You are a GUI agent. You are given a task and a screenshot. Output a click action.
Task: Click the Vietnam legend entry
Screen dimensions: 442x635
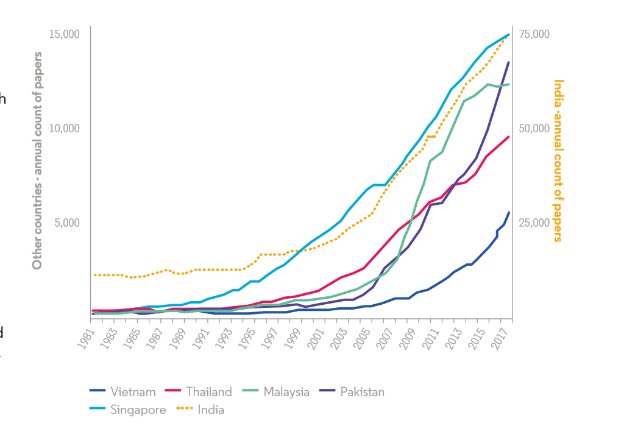133,392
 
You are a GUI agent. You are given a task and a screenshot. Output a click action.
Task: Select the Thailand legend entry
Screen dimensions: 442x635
208,392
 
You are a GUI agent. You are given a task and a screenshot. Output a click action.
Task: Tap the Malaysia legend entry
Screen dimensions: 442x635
286,392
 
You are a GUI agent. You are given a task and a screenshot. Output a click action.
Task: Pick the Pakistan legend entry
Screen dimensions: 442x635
362,392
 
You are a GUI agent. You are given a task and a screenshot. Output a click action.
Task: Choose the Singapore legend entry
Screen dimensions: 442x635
138,410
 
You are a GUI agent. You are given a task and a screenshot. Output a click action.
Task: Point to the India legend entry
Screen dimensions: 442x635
210,410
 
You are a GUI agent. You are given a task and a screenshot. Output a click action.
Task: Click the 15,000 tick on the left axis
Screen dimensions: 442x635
65,34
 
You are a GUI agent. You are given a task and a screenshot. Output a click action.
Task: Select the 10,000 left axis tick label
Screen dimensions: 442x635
65,129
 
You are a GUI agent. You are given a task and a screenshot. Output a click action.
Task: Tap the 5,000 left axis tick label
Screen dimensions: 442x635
67,223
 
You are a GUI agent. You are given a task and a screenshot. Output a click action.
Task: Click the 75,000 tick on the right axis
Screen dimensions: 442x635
534,34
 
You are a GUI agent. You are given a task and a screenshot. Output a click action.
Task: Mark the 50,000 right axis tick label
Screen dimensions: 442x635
534,129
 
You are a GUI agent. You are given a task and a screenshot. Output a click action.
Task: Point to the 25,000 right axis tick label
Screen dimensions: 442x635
534,223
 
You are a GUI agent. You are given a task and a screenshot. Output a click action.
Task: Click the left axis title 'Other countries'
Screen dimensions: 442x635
38,160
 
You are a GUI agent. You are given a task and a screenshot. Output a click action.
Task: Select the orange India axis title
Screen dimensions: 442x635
558,160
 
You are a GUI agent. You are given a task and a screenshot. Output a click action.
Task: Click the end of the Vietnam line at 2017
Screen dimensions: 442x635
509,212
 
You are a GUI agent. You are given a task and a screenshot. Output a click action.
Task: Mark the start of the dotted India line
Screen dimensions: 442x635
94,276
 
